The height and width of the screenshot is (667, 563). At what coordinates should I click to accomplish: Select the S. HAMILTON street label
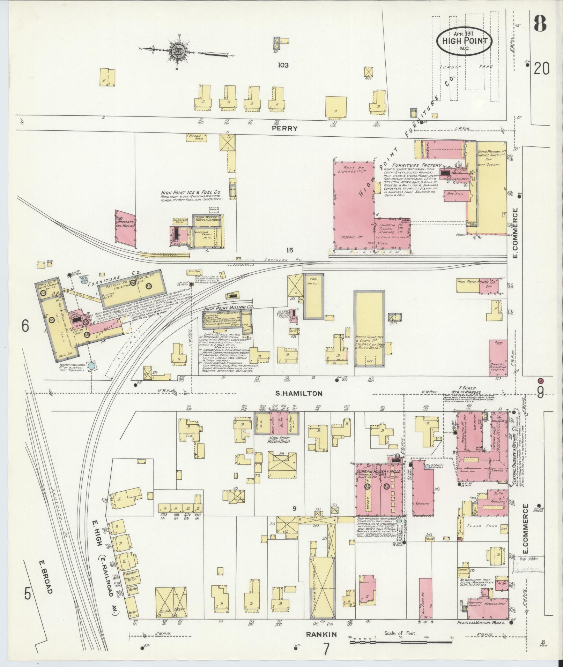tap(299, 393)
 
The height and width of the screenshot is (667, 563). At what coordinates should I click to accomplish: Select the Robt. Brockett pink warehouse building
tap(126, 227)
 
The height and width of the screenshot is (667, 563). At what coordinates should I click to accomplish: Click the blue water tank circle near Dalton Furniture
tap(91, 366)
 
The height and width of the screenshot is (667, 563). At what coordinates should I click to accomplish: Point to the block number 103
tap(283, 65)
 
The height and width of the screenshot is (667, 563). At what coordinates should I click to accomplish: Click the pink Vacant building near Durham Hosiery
tap(423, 488)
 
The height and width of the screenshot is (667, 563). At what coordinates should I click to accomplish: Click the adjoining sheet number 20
tap(541, 68)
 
